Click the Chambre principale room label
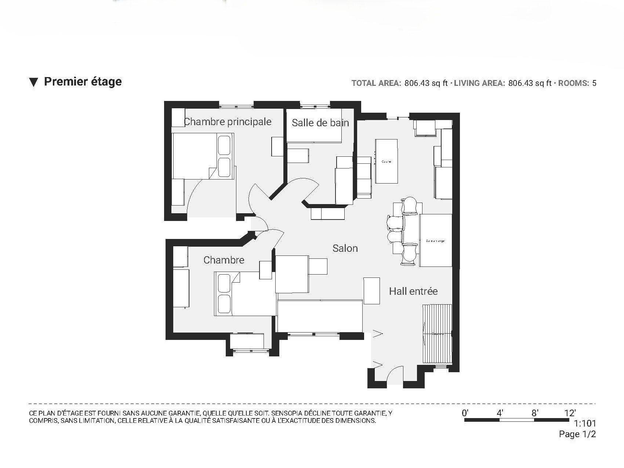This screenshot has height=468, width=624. click(x=227, y=121)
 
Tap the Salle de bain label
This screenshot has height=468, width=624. click(x=320, y=123)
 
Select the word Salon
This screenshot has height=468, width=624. click(x=345, y=248)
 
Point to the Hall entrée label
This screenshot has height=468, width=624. click(x=413, y=291)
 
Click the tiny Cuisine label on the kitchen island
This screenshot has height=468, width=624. click(x=386, y=162)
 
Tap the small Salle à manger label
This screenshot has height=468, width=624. click(x=435, y=241)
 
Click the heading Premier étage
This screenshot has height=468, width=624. click(x=83, y=81)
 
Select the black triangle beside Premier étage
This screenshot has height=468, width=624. click(x=34, y=82)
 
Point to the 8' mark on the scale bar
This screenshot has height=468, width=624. click(x=535, y=413)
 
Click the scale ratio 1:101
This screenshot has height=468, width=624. click(x=585, y=424)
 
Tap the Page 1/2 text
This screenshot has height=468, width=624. click(x=577, y=434)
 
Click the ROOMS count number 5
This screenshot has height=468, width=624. click(x=594, y=83)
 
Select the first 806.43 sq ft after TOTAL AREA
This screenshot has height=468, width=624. click(x=426, y=83)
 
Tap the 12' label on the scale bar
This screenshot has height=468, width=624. click(x=570, y=413)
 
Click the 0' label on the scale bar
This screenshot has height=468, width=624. click(x=465, y=413)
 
